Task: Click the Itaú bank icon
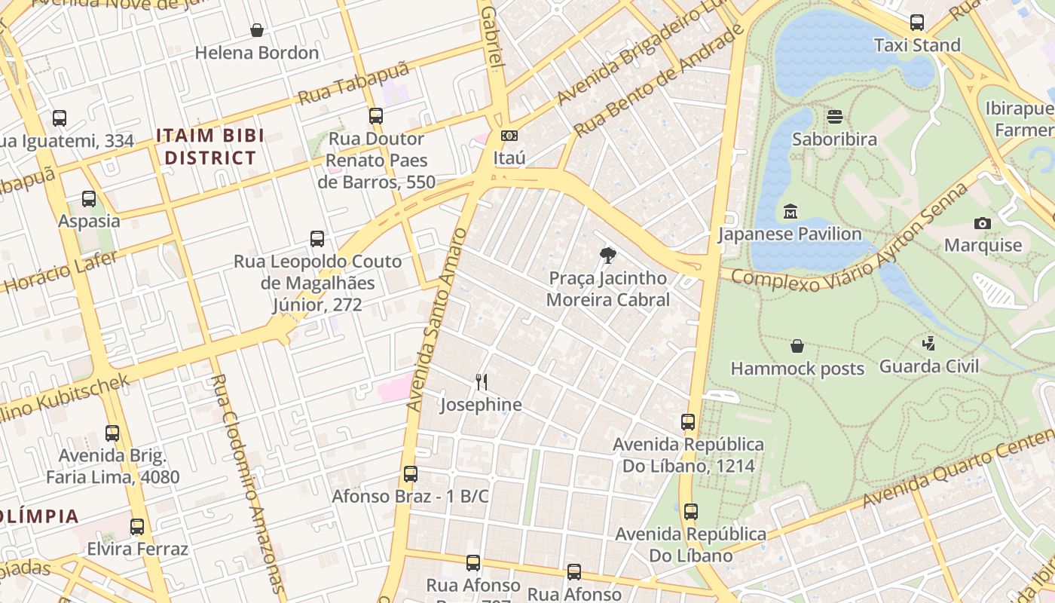click(x=509, y=136)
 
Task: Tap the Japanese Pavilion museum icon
click(x=790, y=212)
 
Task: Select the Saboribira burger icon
click(x=834, y=117)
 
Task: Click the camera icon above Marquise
click(x=982, y=223)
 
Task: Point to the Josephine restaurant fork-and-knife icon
click(x=482, y=382)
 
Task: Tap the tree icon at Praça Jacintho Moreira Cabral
click(x=607, y=256)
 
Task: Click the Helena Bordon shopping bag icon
click(x=257, y=30)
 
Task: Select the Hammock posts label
click(x=797, y=369)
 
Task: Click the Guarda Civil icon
click(x=928, y=344)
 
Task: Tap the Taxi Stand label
click(x=917, y=45)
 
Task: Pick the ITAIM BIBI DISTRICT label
click(x=210, y=147)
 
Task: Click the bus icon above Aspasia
click(x=89, y=199)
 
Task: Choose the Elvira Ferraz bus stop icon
click(x=137, y=527)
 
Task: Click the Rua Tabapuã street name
click(x=353, y=83)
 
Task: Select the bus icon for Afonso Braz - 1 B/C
click(x=411, y=474)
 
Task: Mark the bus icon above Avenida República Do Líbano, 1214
click(x=688, y=422)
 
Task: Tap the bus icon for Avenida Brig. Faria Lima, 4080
click(x=112, y=433)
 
